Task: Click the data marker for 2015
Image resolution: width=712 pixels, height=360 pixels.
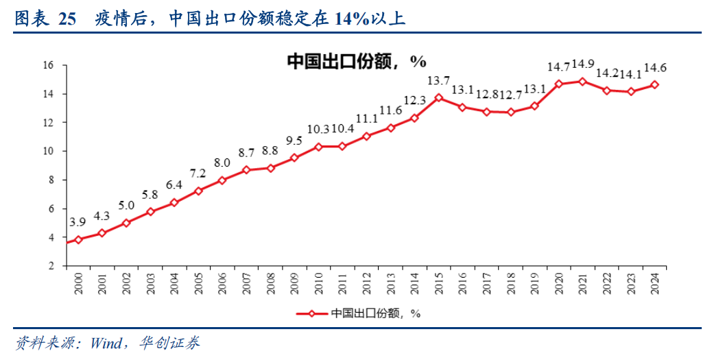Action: point(438,97)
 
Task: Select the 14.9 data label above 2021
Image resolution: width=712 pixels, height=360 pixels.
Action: point(583,64)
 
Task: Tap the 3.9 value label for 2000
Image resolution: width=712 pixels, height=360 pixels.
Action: point(78,222)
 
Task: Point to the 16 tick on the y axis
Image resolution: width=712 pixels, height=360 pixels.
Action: point(48,65)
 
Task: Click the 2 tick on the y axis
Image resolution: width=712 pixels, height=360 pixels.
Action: point(51,266)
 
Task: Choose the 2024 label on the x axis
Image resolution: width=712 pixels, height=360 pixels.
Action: point(654,283)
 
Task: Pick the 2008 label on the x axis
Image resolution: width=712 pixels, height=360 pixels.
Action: point(270,283)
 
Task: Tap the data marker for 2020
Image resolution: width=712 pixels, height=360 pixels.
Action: point(558,84)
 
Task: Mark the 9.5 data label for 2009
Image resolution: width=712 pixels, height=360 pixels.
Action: point(294,141)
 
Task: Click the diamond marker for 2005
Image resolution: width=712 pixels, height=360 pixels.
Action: point(198,191)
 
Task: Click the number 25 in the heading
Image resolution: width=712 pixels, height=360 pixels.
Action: point(67,19)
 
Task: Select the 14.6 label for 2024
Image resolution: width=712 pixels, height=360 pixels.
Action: point(656,67)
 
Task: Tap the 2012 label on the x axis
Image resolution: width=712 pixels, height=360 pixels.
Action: point(366,283)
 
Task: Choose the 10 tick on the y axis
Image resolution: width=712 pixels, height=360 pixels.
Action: point(48,152)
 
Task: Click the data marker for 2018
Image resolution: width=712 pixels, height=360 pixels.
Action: point(510,112)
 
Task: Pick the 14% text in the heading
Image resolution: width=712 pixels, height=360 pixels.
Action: point(348,19)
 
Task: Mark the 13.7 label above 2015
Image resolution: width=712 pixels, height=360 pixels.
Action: point(438,81)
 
